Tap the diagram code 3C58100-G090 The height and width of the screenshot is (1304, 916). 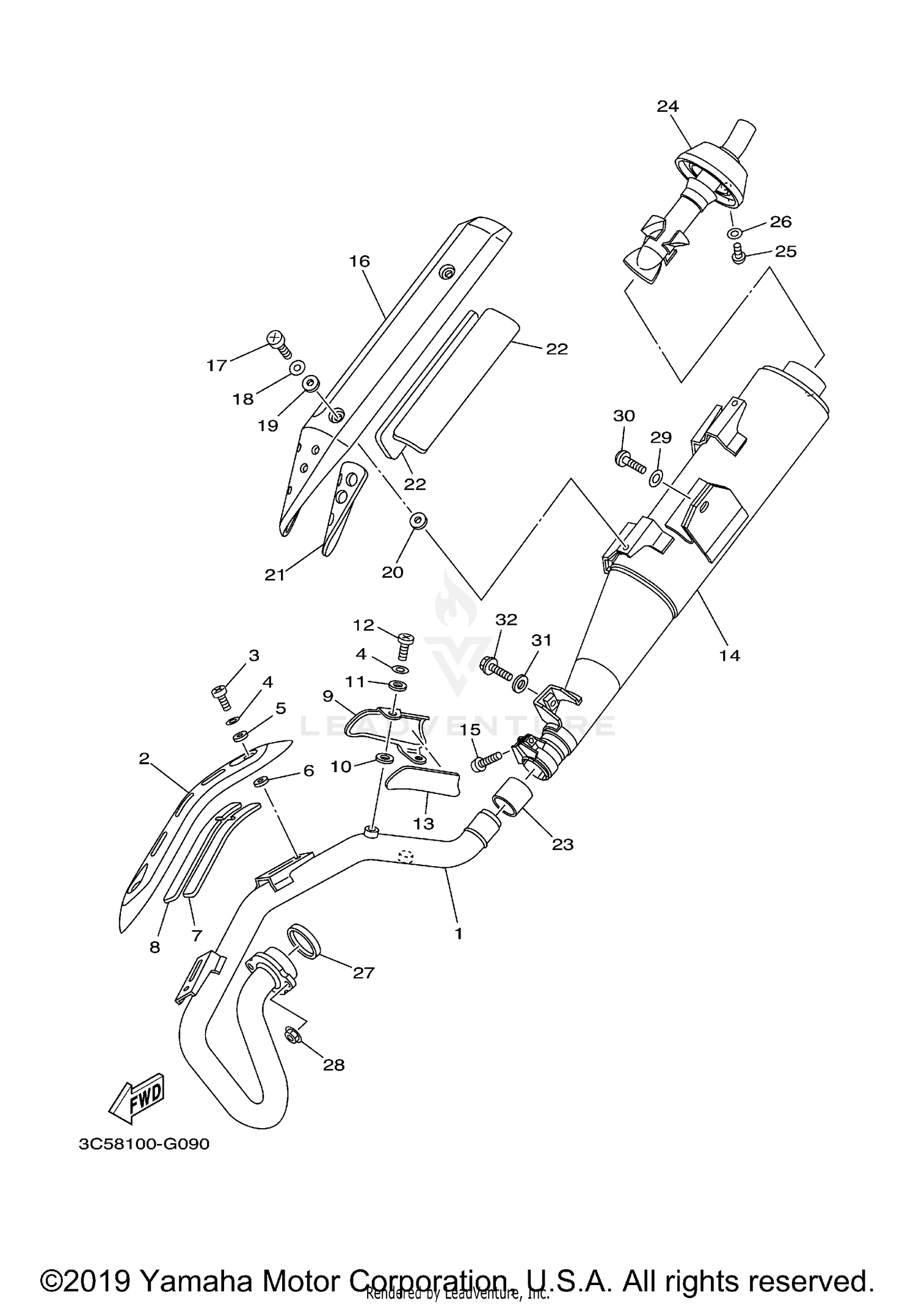pos(144,1144)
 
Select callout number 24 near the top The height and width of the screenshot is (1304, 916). pos(667,106)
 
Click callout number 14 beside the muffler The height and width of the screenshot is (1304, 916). pos(730,656)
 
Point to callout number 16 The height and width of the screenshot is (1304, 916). pos(360,261)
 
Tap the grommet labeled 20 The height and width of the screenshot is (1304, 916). pos(418,520)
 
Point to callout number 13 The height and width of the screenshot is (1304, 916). pos(423,823)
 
